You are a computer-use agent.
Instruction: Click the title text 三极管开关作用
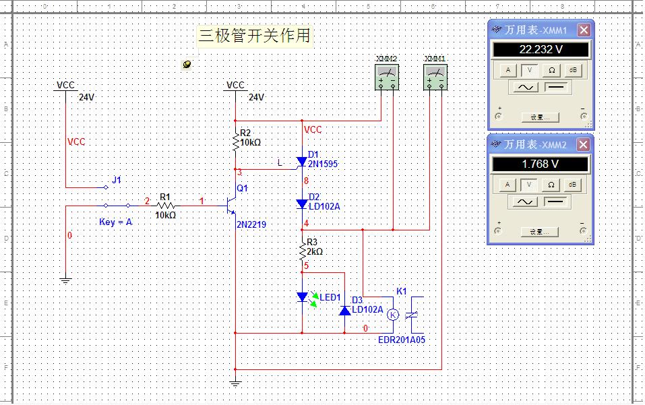tap(255, 35)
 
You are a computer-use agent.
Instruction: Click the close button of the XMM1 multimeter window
tap(584, 30)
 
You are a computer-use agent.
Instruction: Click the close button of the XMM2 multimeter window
tap(584, 144)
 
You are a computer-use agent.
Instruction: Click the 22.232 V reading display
tap(541, 50)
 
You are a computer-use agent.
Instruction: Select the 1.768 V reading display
tap(541, 164)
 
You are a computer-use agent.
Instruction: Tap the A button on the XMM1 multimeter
tap(509, 70)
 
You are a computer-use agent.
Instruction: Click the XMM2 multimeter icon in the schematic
tap(387, 77)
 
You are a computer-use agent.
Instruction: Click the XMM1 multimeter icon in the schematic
tap(435, 77)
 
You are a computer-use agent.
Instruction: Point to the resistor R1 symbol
tap(165, 204)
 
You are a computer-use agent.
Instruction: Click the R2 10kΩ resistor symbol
tap(235, 143)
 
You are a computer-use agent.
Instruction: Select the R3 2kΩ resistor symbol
tap(302, 251)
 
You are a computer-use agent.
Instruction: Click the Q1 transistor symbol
tap(232, 204)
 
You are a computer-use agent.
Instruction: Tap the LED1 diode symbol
tap(302, 297)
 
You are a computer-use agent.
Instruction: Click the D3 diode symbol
tap(344, 310)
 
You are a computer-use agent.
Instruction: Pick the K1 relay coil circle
tap(394, 315)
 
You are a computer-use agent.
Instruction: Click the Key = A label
tap(115, 222)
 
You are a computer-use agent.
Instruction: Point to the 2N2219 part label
tap(251, 224)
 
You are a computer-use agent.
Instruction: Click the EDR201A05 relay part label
tap(402, 340)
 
